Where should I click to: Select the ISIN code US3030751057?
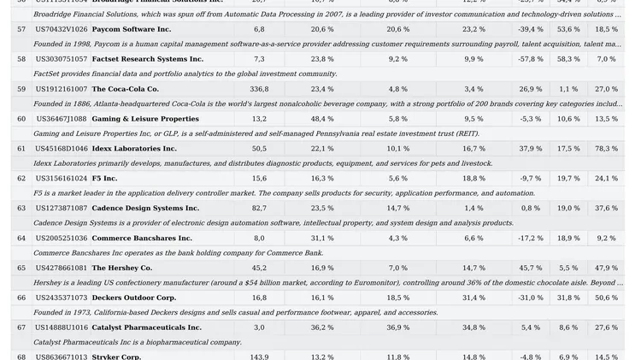click(61, 59)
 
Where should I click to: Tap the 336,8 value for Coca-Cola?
click(259, 89)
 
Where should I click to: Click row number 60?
click(21, 119)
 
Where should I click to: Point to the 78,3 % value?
click(606, 149)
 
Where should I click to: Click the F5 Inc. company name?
click(105, 179)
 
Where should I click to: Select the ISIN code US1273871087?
click(61, 208)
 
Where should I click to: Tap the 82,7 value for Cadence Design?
click(259, 208)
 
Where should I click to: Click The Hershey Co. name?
click(122, 268)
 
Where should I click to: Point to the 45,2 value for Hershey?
click(259, 268)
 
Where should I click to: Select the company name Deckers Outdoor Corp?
click(134, 298)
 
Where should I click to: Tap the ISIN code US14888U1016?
click(61, 328)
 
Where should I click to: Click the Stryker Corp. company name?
click(116, 357)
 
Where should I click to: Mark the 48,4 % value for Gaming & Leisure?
click(322, 119)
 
